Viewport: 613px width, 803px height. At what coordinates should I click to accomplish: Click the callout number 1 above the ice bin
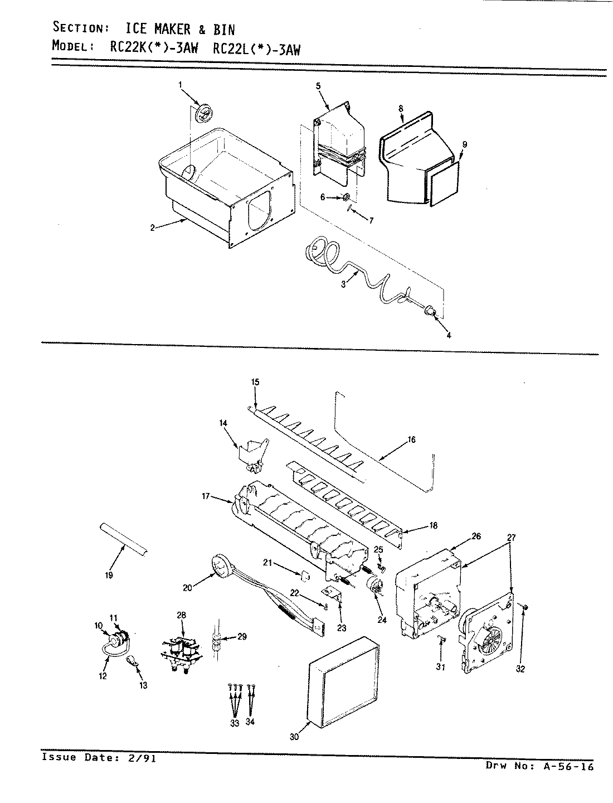pyautogui.click(x=180, y=84)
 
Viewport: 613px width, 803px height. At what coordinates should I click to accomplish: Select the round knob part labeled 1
pyautogui.click(x=205, y=114)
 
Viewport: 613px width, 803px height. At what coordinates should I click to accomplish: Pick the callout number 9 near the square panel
pyautogui.click(x=464, y=144)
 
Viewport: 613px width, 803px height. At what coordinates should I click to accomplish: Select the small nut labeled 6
pyautogui.click(x=346, y=197)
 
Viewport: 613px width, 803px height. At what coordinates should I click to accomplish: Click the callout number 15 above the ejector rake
pyautogui.click(x=255, y=382)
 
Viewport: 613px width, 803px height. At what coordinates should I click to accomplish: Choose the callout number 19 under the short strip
pyautogui.click(x=109, y=575)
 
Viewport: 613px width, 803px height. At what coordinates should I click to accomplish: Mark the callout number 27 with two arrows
pyautogui.click(x=512, y=538)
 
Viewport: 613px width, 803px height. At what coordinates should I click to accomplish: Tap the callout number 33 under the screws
pyautogui.click(x=234, y=723)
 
